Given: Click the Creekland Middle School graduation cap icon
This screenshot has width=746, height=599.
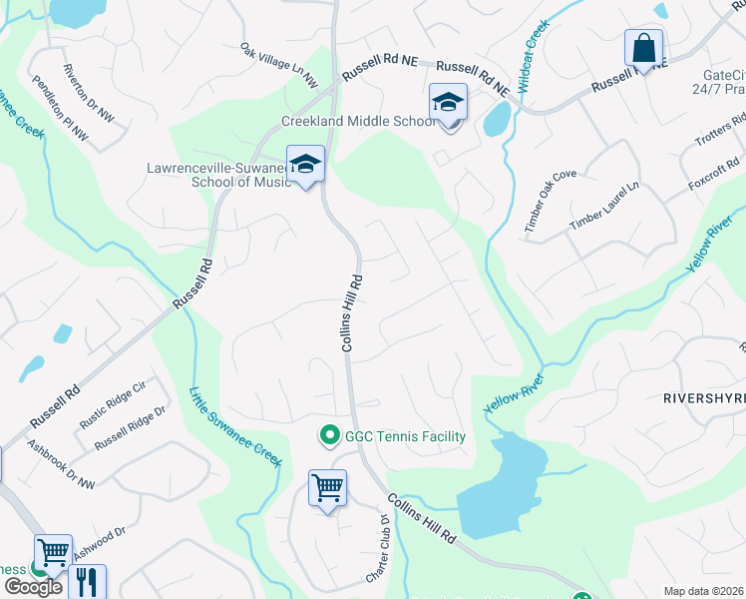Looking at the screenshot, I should pos(448,103).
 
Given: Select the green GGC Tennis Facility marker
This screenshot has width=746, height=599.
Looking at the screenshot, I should pos(327,436).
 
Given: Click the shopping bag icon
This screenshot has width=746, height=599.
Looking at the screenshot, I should pos(643,48).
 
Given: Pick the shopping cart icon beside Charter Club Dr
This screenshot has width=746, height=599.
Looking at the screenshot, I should pos(327,489).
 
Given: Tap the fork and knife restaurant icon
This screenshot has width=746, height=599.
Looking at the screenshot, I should pos(88,582).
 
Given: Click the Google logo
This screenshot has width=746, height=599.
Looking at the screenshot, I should pos(32,586).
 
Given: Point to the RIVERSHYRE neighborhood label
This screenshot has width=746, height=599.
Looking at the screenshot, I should pos(704,397).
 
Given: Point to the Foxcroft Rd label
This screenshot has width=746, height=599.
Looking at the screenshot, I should pos(713,177).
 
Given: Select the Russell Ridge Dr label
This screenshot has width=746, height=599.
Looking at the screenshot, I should pos(130,426).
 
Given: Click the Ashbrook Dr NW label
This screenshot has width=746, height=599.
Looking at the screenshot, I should pos(62,465).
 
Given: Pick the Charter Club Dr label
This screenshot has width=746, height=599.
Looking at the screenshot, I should pos(375,549).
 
